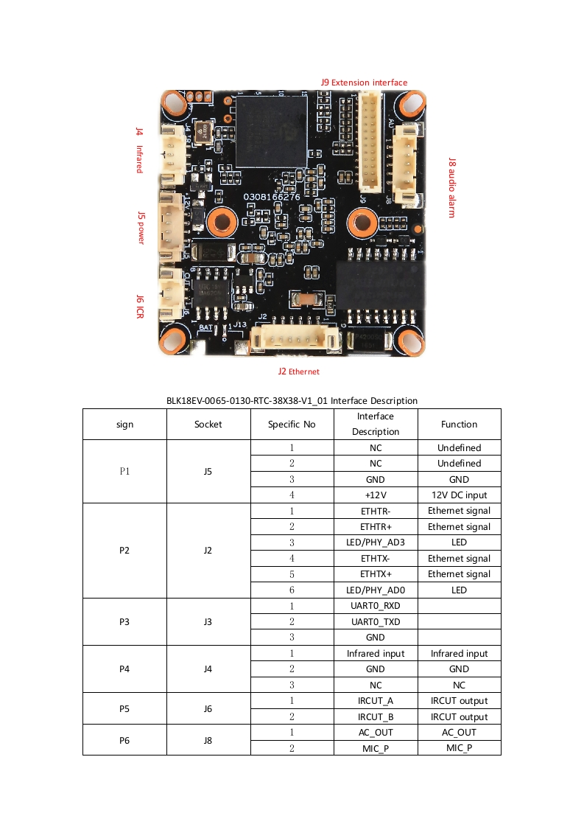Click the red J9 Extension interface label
[x=364, y=83]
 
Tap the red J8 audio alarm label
[x=452, y=186]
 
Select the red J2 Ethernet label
[x=298, y=371]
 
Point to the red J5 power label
[x=141, y=227]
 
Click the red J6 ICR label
[x=140, y=306]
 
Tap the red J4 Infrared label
[x=138, y=150]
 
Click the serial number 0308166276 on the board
[x=272, y=197]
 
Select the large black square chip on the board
[x=270, y=131]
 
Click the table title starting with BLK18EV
[x=292, y=400]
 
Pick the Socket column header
[x=208, y=425]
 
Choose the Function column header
[x=459, y=425]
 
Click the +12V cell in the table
[x=376, y=495]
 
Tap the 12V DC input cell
[x=459, y=495]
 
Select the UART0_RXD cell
[x=376, y=606]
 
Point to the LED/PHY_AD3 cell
[x=376, y=542]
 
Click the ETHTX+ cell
[x=376, y=574]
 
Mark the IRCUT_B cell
[x=376, y=716]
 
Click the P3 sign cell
[x=125, y=621]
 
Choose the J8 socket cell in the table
[x=208, y=740]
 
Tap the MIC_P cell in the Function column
[x=459, y=748]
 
